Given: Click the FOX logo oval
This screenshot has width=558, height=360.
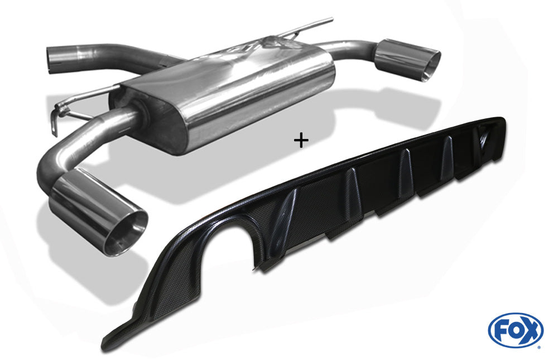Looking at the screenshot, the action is pyautogui.click(x=515, y=330).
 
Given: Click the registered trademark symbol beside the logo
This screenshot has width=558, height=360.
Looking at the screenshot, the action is pyautogui.click(x=541, y=347).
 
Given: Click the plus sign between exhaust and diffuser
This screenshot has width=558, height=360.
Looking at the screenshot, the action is pyautogui.click(x=301, y=141).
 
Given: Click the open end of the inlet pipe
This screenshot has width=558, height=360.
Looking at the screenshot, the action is pyautogui.click(x=51, y=60).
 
